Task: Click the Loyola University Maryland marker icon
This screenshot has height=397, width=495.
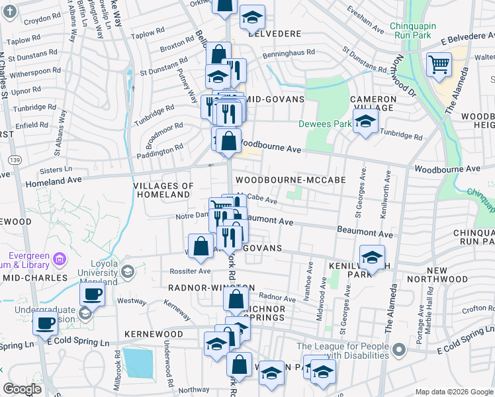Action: (x=127, y=270)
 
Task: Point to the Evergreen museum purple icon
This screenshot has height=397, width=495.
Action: (x=60, y=257)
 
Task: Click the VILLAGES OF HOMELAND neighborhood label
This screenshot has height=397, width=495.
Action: (x=163, y=191)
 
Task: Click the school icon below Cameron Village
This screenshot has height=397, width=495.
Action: (x=364, y=121)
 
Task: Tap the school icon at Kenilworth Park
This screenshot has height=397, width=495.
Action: (x=372, y=257)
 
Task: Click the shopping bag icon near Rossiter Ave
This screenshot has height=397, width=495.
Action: (x=201, y=246)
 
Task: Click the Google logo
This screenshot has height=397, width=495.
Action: (x=22, y=390)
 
